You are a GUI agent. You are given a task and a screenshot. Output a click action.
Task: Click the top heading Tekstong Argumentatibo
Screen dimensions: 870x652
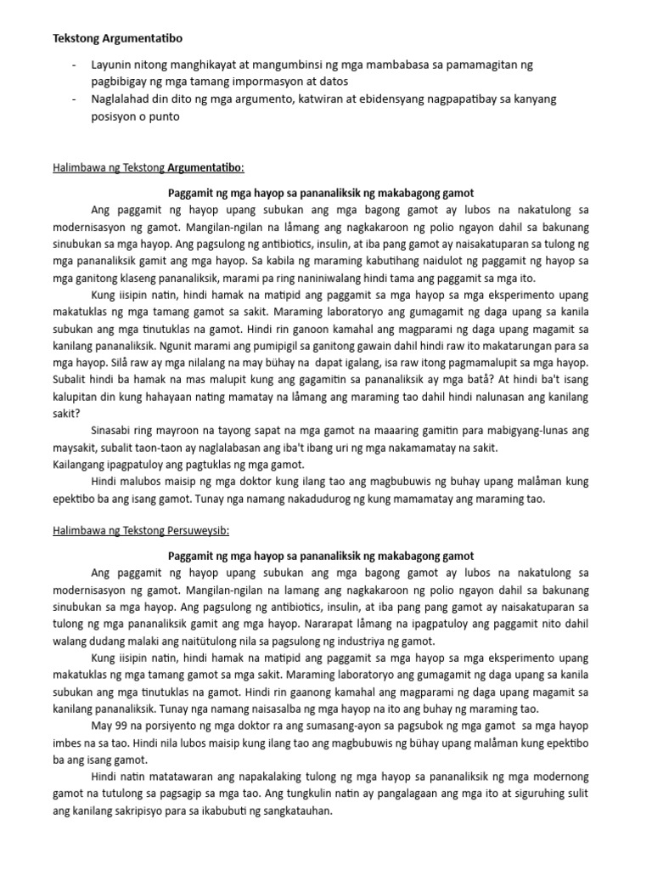[x=118, y=39]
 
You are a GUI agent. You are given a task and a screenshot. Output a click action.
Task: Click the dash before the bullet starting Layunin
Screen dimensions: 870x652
[x=76, y=65]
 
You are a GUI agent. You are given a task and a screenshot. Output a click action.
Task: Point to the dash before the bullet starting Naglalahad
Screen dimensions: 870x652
[x=76, y=99]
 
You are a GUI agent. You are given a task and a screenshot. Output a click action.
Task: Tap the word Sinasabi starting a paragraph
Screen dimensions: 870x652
[x=117, y=431]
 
